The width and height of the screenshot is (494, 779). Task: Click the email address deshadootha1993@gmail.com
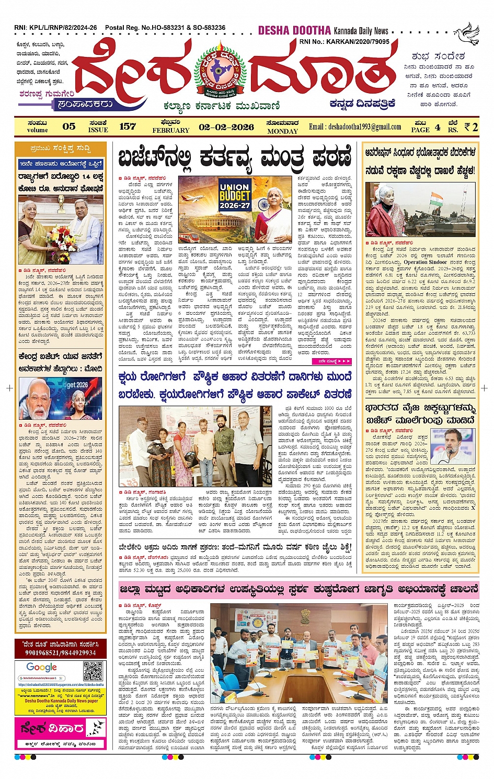click(355, 127)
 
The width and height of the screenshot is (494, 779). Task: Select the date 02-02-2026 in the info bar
click(226, 127)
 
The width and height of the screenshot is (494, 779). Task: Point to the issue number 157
click(127, 127)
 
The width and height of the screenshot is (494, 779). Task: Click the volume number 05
click(68, 127)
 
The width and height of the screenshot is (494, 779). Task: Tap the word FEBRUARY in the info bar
click(171, 130)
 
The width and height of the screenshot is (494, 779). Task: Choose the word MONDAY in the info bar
click(282, 131)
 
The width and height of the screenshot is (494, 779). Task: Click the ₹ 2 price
click(470, 127)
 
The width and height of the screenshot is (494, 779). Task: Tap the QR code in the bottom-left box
click(93, 671)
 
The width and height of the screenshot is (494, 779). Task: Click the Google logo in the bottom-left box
click(41, 667)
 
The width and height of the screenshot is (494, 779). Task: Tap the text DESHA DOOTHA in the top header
click(294, 30)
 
